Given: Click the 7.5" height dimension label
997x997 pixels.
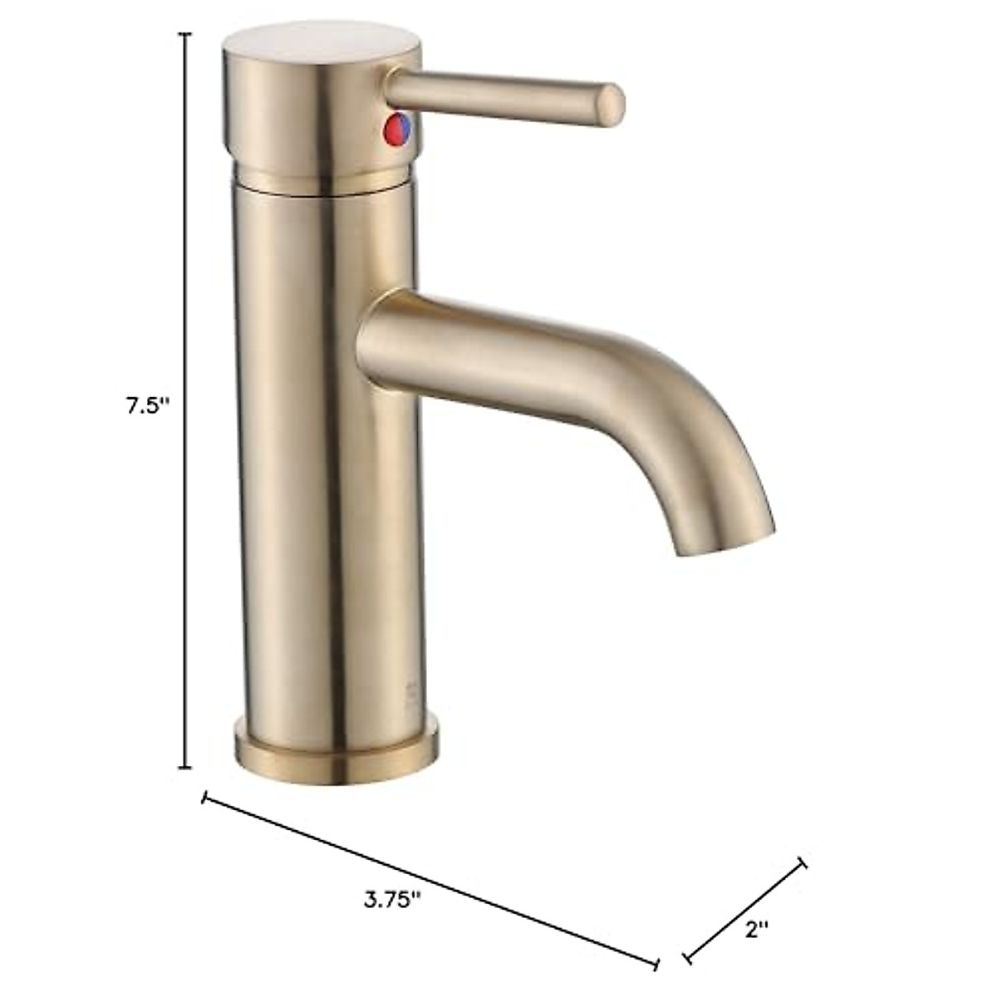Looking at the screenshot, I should (146, 406).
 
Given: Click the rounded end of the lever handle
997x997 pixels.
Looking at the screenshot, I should (613, 101).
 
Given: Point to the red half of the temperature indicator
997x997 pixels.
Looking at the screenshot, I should (391, 129).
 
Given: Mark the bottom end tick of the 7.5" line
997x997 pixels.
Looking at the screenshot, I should (186, 768).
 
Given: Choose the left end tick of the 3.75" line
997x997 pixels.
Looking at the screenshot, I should (204, 799).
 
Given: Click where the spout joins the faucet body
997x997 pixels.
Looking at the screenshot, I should (374, 332).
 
